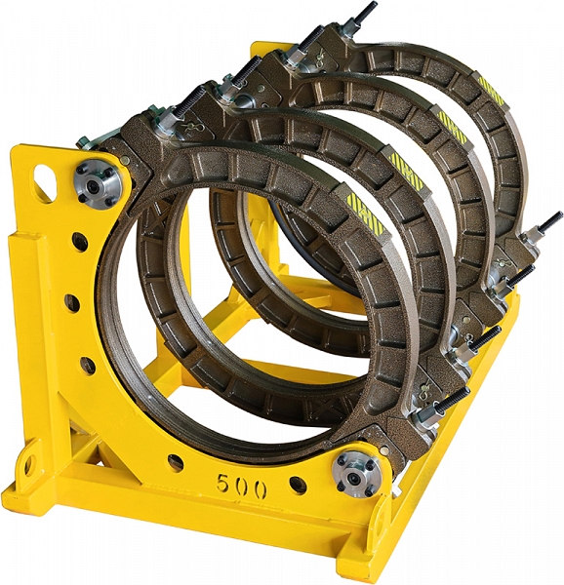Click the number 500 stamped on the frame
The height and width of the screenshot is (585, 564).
242,485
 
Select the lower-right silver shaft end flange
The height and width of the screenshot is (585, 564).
356,475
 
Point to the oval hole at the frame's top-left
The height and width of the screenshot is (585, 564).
45,179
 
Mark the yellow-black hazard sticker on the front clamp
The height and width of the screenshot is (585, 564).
365,212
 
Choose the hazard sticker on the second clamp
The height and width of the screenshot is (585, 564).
407,173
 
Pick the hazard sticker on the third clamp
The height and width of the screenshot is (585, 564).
453,127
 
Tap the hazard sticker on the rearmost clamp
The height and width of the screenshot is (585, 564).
492,91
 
